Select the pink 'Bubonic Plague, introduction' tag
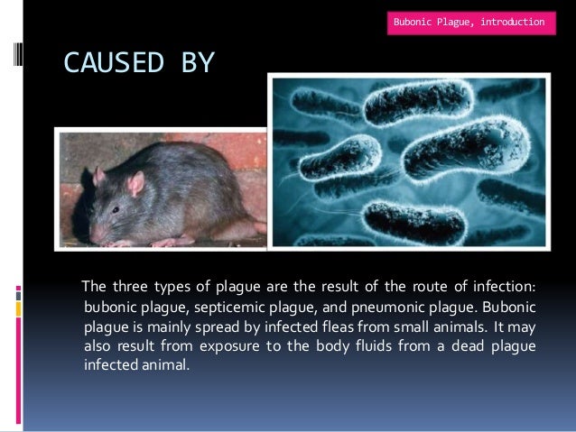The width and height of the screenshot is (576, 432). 469,20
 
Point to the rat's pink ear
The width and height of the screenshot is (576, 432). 135,184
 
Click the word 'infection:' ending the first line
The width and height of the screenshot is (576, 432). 506,288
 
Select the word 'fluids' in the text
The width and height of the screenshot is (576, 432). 353,347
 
